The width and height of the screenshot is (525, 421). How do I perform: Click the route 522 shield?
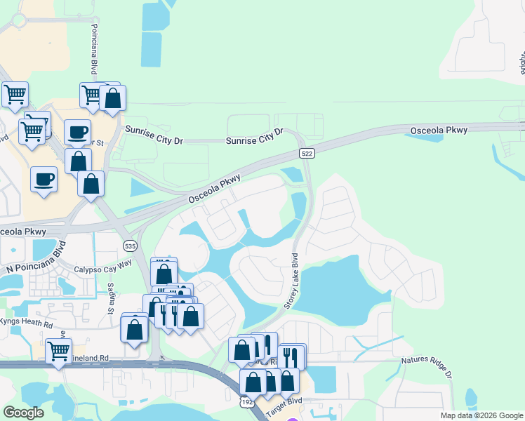306,153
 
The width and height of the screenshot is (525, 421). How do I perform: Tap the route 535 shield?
129,246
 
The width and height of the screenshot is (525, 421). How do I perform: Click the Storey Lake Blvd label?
291,281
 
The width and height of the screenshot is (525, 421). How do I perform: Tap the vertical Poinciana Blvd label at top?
93,49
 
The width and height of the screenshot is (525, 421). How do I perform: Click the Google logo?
23,412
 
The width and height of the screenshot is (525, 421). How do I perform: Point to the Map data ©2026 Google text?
481,415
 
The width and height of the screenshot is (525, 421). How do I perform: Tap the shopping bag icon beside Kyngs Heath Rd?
134,329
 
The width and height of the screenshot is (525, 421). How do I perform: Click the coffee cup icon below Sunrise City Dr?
77,131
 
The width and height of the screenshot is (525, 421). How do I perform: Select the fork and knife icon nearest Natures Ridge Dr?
291,357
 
